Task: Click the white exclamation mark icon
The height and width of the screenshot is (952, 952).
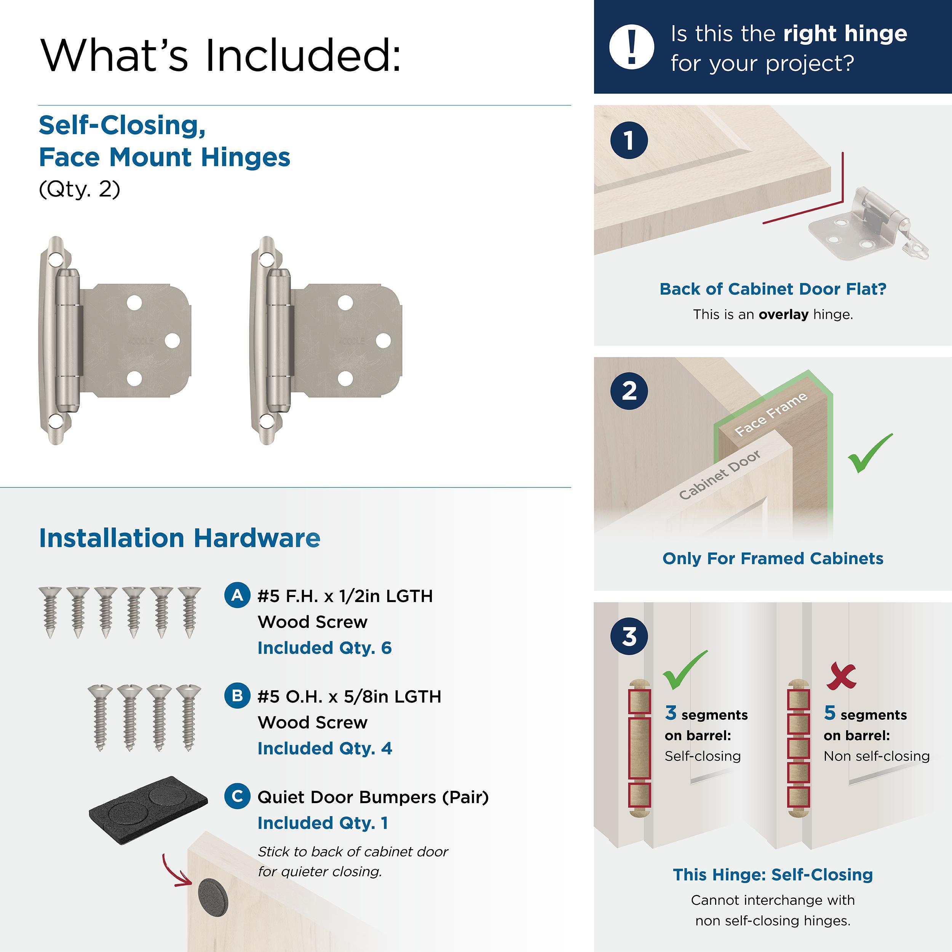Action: tap(631, 46)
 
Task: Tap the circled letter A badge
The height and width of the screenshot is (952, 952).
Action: tap(237, 595)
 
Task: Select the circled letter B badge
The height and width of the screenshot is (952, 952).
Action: tap(237, 695)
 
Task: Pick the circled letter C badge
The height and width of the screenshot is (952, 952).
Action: tap(237, 796)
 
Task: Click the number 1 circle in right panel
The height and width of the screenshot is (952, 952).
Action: tap(629, 141)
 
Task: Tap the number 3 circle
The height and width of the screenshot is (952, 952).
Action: tap(629, 636)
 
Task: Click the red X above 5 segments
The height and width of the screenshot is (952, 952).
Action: tap(841, 676)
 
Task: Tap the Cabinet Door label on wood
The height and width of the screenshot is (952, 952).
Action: tap(719, 474)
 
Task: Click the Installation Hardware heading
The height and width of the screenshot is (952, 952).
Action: tap(179, 538)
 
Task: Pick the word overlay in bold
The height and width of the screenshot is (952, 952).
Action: tap(783, 315)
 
